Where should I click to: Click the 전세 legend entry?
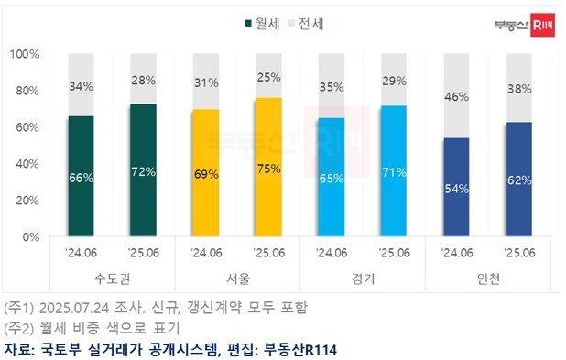[306, 24]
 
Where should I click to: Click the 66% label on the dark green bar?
[82, 177]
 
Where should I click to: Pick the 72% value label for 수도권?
[144, 171]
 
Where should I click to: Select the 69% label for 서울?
[206, 174]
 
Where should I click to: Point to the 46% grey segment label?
[456, 95]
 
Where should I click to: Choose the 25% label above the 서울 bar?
[268, 77]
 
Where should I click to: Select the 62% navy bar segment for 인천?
[518, 180]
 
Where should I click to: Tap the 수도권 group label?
[113, 276]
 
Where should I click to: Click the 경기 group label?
[362, 276]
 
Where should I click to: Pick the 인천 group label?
[487, 276]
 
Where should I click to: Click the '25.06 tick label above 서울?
[268, 252]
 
